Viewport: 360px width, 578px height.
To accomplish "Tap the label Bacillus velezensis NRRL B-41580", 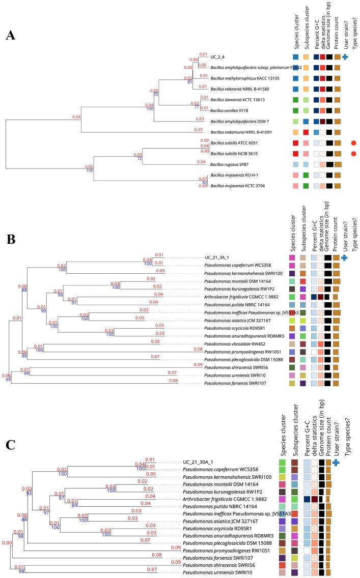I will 240,89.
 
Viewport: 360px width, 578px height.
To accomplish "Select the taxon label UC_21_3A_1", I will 219,257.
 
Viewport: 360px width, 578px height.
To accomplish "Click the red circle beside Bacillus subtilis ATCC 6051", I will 354,142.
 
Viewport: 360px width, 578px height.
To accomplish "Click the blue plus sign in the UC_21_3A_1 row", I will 345,258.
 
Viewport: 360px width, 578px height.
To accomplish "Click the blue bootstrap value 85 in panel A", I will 189,81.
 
